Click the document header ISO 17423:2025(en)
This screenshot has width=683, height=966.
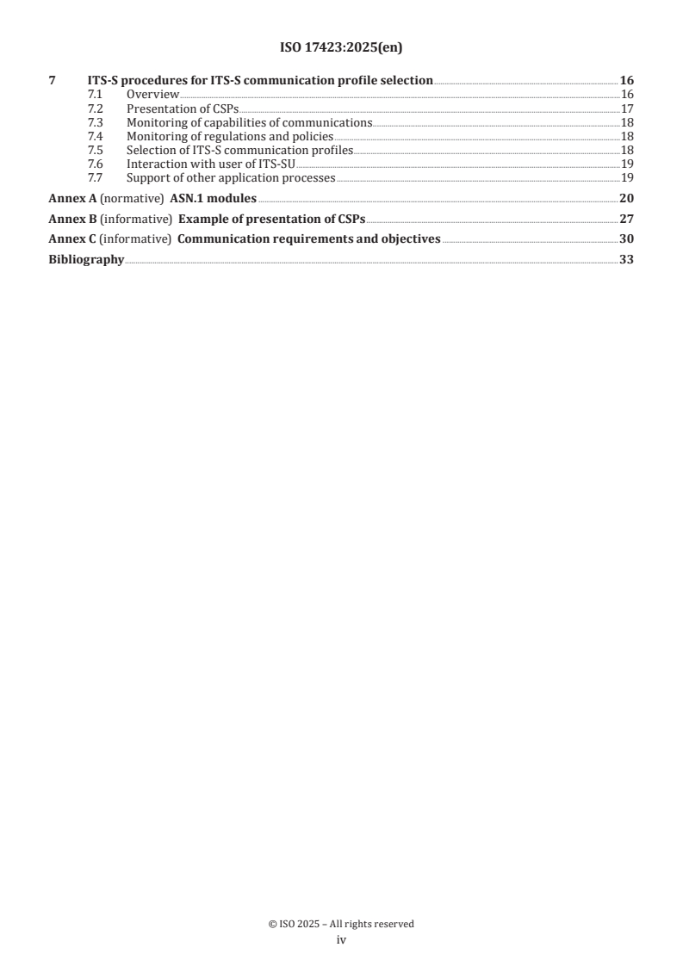[x=341, y=48]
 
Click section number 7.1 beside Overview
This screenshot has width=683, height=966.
[x=96, y=94]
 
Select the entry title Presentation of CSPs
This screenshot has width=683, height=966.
[x=183, y=108]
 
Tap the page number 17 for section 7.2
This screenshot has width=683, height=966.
[x=627, y=108]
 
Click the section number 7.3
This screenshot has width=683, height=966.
[x=96, y=122]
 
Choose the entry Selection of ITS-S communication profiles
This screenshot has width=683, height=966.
[x=239, y=150]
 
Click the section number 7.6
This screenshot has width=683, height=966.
[x=96, y=164]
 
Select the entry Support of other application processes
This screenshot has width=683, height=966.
[x=231, y=177]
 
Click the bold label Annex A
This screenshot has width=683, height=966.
[x=71, y=198]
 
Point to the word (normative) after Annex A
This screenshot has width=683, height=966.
[x=131, y=198]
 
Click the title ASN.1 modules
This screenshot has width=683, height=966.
[x=213, y=198]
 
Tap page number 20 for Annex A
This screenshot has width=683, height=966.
[x=626, y=198]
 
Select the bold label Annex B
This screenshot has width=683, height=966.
[x=71, y=219]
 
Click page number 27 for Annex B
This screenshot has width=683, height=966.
[x=626, y=219]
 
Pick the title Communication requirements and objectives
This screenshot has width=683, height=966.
[x=308, y=238]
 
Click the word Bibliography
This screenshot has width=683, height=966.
[x=86, y=259]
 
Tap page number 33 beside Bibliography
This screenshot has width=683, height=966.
[x=626, y=259]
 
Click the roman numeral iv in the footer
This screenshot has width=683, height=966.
[x=341, y=940]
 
